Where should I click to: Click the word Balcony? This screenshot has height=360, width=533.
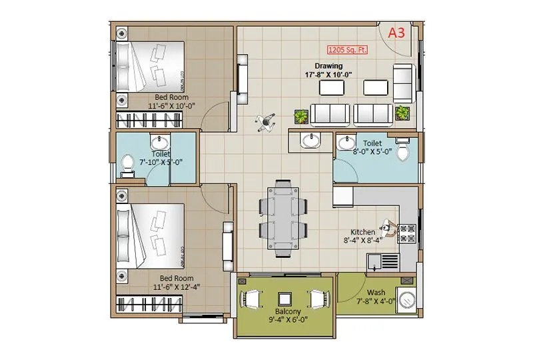coord(285,311)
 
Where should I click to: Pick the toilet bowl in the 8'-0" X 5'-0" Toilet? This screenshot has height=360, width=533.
coord(402,151)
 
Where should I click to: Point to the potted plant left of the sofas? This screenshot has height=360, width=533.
coord(302,117)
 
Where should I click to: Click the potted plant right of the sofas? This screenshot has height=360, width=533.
coord(402,113)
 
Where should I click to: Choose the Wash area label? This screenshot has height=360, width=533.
coord(375,292)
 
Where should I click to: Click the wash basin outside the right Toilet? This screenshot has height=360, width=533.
coord(310,140)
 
